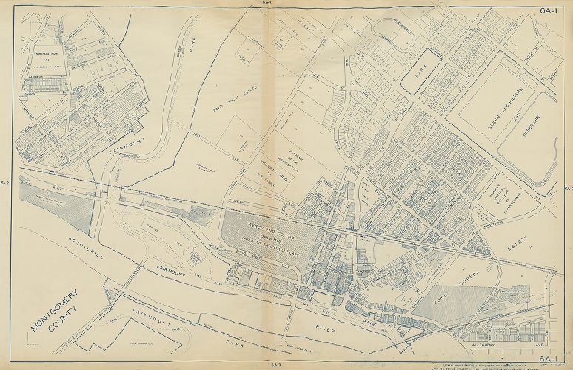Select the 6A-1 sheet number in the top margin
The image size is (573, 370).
coord(548,10)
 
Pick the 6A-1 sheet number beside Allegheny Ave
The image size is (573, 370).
coord(549,359)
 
